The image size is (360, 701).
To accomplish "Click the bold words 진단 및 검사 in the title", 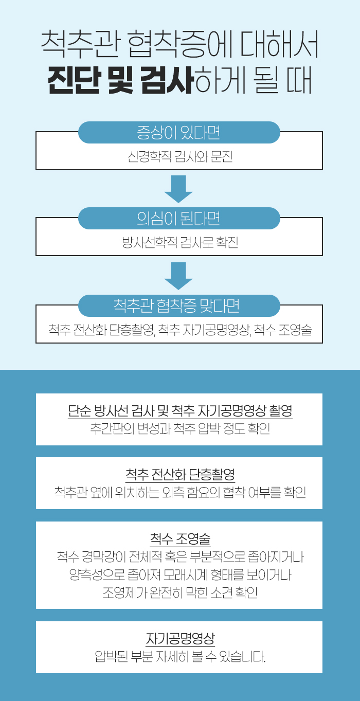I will coord(120,80).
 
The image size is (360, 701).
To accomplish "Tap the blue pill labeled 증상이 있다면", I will coord(179,133).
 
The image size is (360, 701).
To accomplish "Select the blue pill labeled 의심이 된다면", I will coord(179,219).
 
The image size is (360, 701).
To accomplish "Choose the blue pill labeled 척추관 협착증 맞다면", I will coord(179,305).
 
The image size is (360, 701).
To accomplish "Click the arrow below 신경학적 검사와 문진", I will coord(178,189).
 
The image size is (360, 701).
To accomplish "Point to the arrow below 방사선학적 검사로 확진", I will coord(178,276).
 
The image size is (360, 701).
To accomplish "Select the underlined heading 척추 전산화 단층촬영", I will coord(180,474).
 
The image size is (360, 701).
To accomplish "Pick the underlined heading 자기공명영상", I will coord(180,638).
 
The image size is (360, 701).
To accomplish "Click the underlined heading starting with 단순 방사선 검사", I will coord(180,410).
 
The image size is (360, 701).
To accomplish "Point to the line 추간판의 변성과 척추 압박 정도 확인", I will coord(180,428).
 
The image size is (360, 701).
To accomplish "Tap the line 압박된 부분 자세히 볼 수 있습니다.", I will coord(180,656).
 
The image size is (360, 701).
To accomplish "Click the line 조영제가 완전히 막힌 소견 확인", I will coord(180,592).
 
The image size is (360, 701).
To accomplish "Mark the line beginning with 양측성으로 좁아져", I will coord(180,574).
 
